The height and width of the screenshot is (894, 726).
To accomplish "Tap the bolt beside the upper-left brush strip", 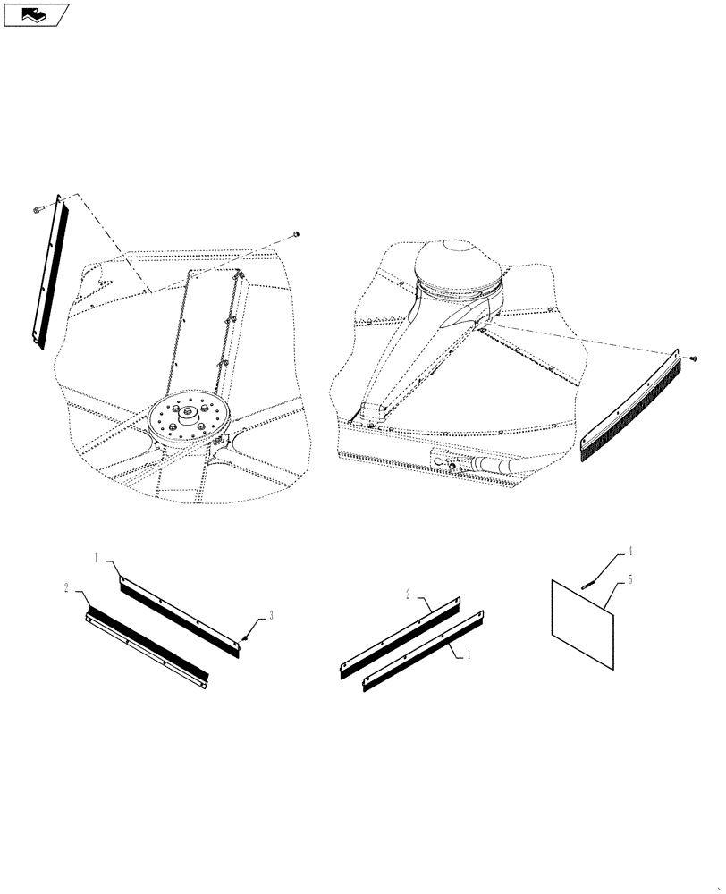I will click(35, 210).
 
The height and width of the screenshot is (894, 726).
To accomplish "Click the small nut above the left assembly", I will click(296, 235).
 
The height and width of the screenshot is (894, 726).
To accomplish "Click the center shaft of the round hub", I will click(190, 412).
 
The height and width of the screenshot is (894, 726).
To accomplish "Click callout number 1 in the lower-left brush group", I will click(96, 558).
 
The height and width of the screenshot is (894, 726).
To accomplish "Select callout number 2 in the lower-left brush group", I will click(67, 588).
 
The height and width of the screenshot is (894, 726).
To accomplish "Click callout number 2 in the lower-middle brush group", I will click(409, 594).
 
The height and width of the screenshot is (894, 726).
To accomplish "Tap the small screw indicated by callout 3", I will click(244, 637).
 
